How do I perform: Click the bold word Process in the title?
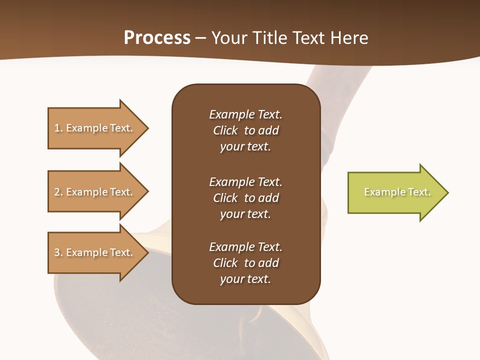click(x=157, y=38)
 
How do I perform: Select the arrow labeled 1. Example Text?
click(x=95, y=128)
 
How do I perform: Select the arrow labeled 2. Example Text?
click(x=95, y=192)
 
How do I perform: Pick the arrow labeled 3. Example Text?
click(x=95, y=252)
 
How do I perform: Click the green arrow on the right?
click(x=395, y=192)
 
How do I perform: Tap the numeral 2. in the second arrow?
click(x=58, y=192)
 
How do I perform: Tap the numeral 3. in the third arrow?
click(x=58, y=252)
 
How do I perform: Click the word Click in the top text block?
click(x=225, y=130)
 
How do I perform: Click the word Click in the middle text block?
click(x=225, y=198)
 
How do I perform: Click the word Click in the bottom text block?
click(x=225, y=263)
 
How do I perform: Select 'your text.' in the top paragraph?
click(x=245, y=147)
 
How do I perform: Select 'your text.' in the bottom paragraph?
click(x=245, y=279)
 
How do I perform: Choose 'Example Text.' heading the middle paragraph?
click(x=245, y=181)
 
